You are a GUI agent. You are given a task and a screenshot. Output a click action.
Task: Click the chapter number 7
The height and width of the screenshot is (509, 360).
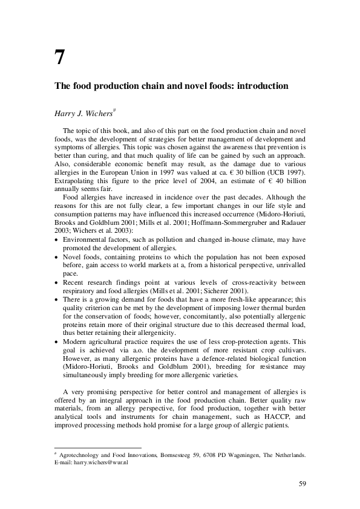tap(59, 57)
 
